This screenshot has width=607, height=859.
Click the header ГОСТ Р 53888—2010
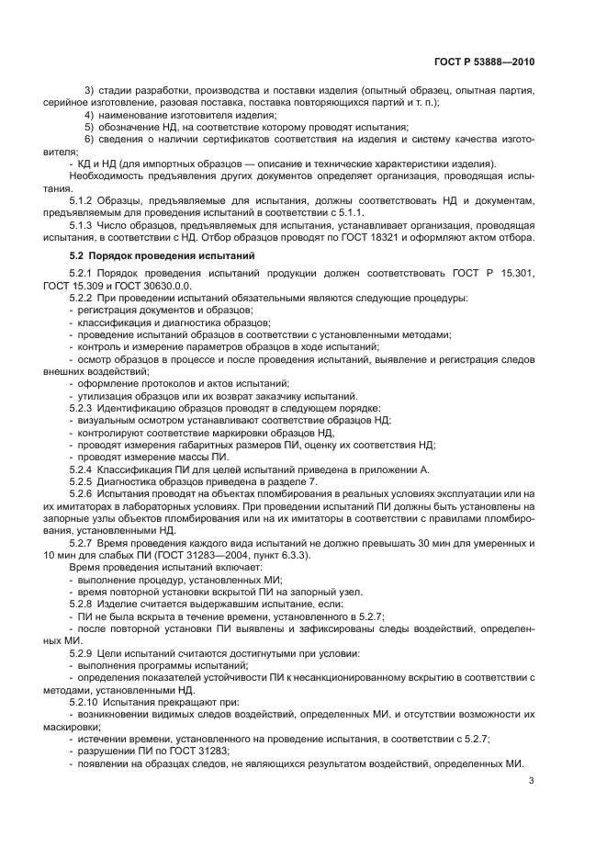coord(483,62)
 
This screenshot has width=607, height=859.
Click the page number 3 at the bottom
coord(532,781)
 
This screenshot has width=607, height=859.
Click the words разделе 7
coord(289,481)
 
